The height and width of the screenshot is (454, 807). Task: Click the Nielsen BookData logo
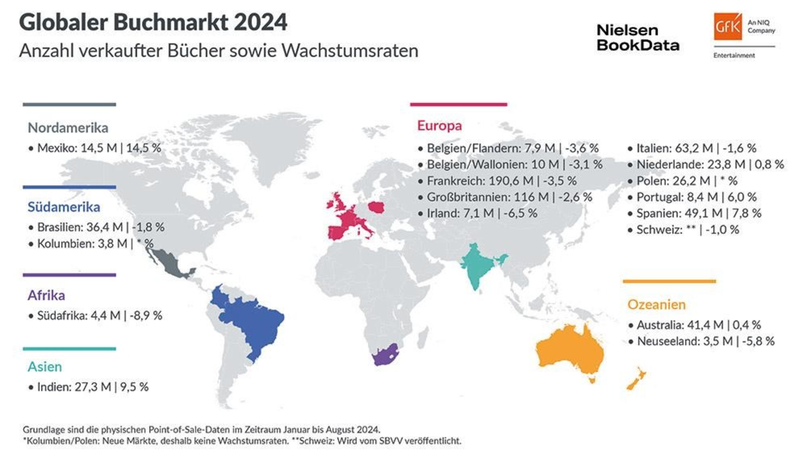click(638, 38)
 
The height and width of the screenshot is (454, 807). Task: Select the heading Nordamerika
click(68, 128)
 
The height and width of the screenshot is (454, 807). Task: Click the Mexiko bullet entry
click(94, 147)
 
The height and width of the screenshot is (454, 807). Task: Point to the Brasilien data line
click(97, 227)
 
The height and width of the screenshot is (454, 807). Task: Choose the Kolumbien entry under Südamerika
click(92, 244)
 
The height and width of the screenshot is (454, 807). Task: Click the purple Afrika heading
click(46, 295)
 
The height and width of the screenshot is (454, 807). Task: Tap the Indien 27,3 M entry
click(88, 387)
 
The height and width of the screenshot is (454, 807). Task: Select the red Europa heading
click(439, 126)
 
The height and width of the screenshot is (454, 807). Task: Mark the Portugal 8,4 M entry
click(691, 197)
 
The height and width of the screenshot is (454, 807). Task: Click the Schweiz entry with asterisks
click(683, 229)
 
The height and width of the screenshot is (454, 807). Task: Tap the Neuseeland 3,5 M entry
click(700, 341)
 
